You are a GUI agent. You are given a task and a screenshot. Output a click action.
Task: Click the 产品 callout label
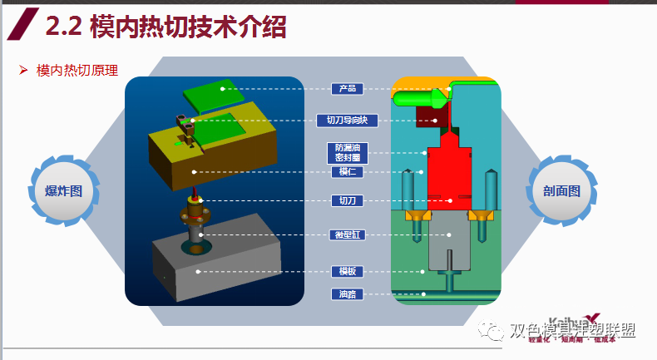pos(348,88)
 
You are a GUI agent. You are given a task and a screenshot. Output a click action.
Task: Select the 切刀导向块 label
pos(348,121)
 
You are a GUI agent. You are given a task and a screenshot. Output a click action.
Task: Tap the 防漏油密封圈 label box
pos(348,151)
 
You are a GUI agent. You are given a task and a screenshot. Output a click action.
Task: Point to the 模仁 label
pos(348,172)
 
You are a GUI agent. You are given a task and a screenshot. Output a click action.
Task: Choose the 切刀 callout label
pos(348,200)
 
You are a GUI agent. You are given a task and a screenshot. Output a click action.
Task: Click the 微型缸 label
pos(348,234)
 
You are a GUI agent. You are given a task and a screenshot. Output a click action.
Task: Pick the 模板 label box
pos(348,271)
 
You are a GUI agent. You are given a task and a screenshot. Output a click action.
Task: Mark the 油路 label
pos(348,293)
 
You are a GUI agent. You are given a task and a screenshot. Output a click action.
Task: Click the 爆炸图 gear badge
pos(65,191)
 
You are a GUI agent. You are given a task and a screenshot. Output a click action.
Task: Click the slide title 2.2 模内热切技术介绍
pos(165,27)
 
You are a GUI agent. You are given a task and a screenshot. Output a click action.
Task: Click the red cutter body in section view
pos(449,175)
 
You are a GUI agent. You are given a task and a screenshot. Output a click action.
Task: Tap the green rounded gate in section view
pos(420,99)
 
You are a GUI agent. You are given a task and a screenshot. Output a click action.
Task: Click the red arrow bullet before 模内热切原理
pos(24,71)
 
